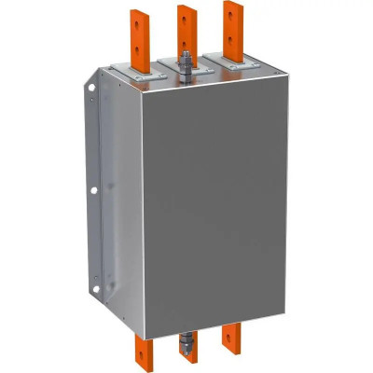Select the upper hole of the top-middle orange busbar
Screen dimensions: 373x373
(x=186, y=18)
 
